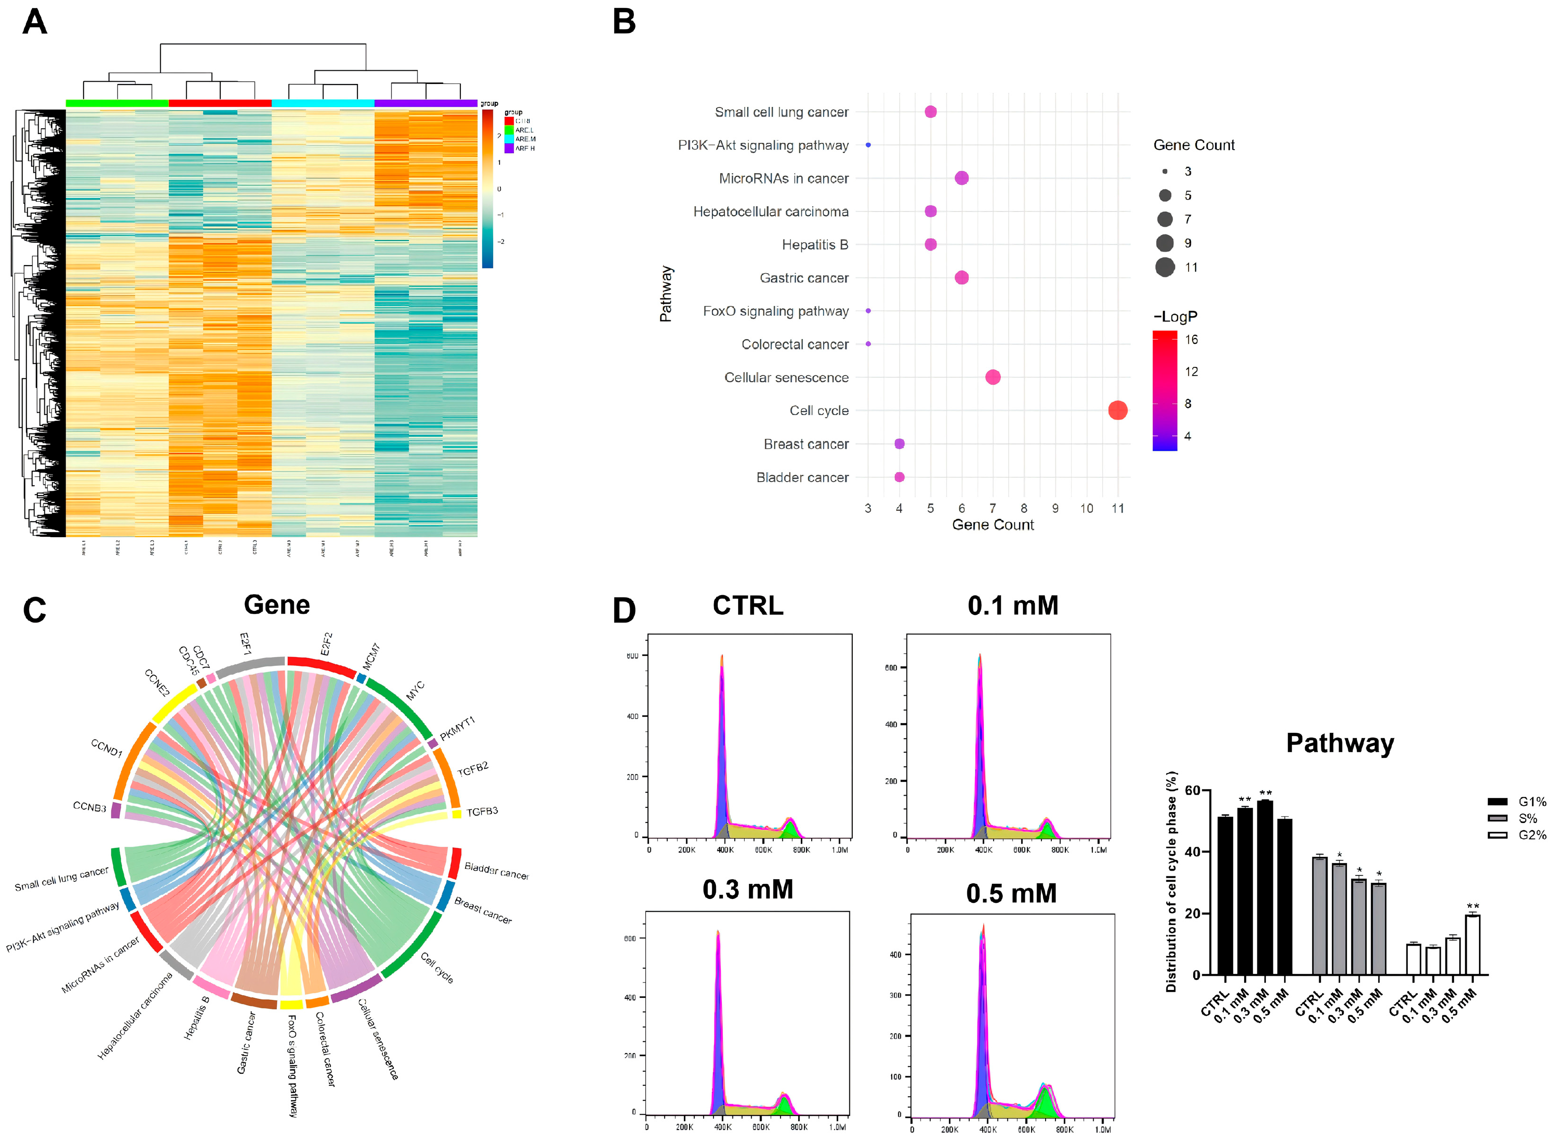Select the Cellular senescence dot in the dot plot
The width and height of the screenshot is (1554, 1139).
pyautogui.click(x=992, y=377)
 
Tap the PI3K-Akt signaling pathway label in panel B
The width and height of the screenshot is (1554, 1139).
pyautogui.click(x=763, y=145)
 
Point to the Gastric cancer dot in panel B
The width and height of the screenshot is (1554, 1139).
pyautogui.click(x=961, y=278)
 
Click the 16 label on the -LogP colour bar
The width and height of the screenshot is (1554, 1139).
pyautogui.click(x=1191, y=339)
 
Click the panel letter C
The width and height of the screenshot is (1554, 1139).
pyautogui.click(x=34, y=610)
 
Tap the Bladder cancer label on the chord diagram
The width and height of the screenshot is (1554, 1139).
pyautogui.click(x=496, y=870)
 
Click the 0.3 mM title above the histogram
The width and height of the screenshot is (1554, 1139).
pyautogui.click(x=748, y=890)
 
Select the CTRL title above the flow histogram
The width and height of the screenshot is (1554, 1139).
pyautogui.click(x=748, y=606)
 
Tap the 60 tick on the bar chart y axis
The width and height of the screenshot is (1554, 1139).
pyautogui.click(x=1192, y=790)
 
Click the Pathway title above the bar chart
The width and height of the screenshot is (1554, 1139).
pyautogui.click(x=1339, y=743)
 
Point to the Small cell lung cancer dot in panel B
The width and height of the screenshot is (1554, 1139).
pyautogui.click(x=930, y=112)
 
